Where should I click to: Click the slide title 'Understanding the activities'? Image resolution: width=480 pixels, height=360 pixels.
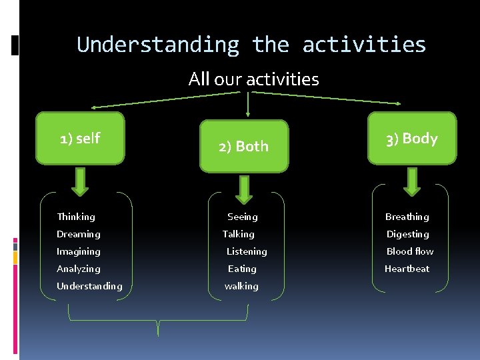(x=251, y=45)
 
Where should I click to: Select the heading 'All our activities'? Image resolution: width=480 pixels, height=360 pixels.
(x=253, y=79)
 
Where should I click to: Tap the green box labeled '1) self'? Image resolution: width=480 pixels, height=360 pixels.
(x=80, y=138)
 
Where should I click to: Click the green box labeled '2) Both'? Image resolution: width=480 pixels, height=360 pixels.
(x=244, y=146)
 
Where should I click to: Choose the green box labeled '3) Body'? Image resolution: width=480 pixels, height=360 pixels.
(x=412, y=138)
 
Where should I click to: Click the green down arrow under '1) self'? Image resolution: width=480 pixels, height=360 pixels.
(x=80, y=181)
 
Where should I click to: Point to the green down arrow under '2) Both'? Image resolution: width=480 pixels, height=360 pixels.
(x=245, y=189)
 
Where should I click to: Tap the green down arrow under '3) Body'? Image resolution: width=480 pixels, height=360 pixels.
(x=412, y=181)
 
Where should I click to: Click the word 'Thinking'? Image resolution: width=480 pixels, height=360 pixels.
(x=76, y=217)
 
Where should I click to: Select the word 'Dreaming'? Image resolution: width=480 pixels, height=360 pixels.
(x=79, y=234)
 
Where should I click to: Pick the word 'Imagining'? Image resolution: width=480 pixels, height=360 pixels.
(x=79, y=251)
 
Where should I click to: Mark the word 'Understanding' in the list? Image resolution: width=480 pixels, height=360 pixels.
(x=89, y=286)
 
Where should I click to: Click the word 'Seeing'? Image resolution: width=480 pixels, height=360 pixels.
(x=242, y=217)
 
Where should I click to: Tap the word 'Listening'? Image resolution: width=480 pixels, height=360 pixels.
(x=247, y=251)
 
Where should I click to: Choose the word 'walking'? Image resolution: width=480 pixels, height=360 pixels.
(x=241, y=286)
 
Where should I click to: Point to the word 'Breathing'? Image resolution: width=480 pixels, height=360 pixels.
(x=407, y=217)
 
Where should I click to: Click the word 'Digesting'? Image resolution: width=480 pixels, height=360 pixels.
(x=407, y=234)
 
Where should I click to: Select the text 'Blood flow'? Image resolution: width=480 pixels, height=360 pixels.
(x=409, y=251)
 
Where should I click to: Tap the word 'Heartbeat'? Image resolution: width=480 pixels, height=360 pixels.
(x=407, y=269)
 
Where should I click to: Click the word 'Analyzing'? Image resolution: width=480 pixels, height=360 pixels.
(x=79, y=269)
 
